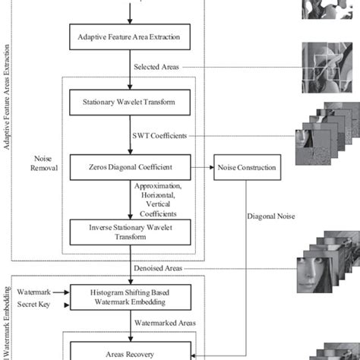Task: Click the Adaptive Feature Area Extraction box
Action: click(x=128, y=36)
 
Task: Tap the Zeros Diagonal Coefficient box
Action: click(x=128, y=167)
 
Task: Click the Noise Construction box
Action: click(x=248, y=167)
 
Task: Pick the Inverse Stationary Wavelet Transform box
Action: click(x=128, y=231)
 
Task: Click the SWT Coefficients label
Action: click(x=164, y=135)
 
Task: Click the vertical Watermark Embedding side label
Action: click(x=9, y=319)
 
